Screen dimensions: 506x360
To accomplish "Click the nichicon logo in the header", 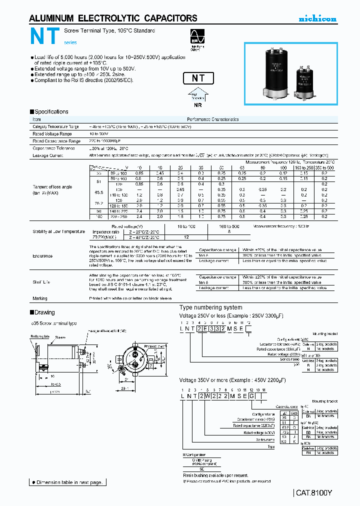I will click(317, 19).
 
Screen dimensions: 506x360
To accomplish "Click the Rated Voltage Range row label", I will click(52, 134).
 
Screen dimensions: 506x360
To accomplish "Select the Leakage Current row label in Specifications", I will click(47, 155).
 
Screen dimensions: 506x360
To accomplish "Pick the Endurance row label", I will click(42, 256).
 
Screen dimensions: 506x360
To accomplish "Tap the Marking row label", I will click(40, 298).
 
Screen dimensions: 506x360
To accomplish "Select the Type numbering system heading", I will click(210, 307).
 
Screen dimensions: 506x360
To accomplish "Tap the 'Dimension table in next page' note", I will click(67, 482).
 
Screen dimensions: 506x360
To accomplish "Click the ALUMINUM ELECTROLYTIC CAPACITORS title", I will click(113, 18).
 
